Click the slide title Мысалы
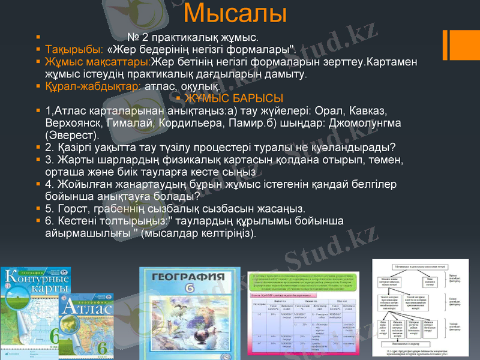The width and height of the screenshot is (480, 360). coord(235,13)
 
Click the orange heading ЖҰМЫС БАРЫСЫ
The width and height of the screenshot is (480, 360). coord(234,98)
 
